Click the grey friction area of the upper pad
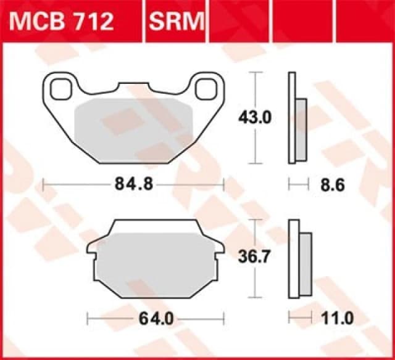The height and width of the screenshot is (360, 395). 133,126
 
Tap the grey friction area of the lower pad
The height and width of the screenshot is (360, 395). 154,262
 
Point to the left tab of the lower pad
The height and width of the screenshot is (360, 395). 91,250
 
